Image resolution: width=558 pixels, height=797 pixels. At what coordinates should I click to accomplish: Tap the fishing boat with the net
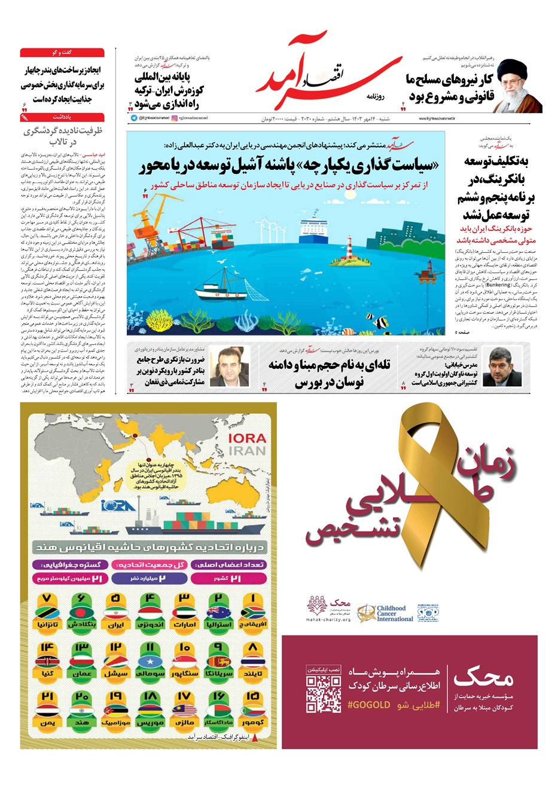pos(221,289)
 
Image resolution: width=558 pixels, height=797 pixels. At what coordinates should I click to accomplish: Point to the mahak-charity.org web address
pos(328,620)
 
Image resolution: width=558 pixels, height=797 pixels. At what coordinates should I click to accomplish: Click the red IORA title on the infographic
pos(247,438)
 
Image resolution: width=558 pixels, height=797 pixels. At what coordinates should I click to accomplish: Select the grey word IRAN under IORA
pos(247,450)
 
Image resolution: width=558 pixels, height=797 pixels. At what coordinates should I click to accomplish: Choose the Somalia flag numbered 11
pos(150,662)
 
